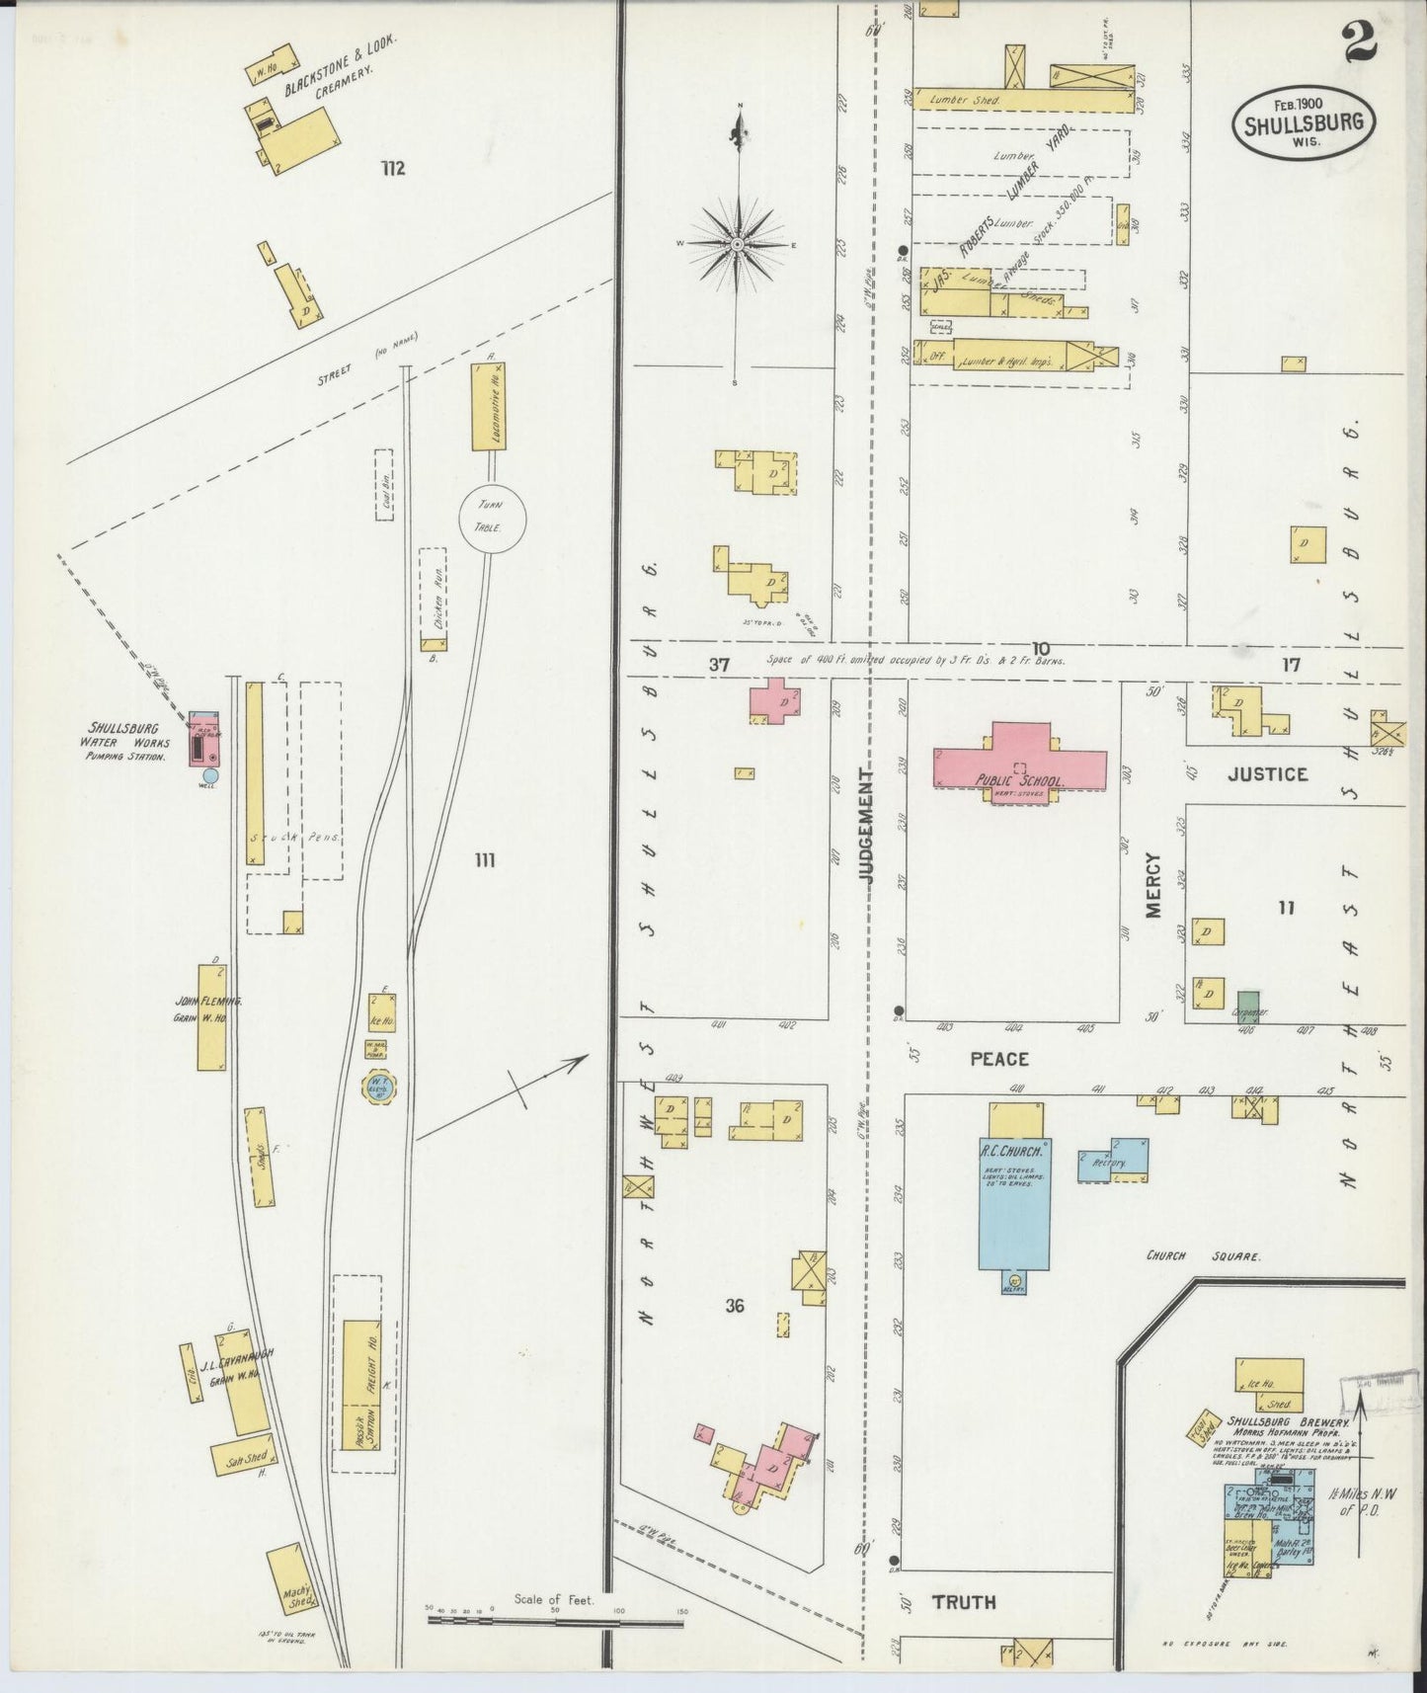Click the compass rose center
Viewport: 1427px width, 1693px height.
(x=738, y=243)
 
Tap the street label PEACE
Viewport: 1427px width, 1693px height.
(x=998, y=1059)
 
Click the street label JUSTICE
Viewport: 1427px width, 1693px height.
(x=1267, y=774)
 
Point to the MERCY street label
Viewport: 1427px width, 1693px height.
(x=1153, y=886)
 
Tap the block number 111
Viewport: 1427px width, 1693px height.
(x=484, y=861)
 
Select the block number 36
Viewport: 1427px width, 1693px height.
(x=734, y=1306)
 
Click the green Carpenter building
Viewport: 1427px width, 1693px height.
(x=1248, y=1000)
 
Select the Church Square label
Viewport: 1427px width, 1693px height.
(x=1203, y=1256)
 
